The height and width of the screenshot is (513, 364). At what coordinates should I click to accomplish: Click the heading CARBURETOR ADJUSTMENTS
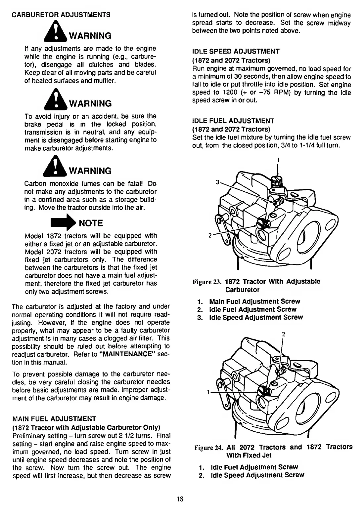61,15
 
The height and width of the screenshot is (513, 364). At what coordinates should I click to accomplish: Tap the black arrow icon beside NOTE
62,222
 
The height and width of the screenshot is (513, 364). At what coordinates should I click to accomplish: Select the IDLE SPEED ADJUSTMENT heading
236,51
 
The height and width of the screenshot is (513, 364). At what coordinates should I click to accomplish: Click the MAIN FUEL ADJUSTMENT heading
54,419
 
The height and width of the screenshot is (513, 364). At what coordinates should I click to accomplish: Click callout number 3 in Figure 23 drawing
217,182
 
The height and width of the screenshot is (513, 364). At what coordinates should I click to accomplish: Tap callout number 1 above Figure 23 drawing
278,160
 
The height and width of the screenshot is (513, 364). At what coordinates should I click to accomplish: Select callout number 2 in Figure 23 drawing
209,235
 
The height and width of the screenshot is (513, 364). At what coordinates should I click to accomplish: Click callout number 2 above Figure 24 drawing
283,334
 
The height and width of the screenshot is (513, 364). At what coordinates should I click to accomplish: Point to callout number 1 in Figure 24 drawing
208,392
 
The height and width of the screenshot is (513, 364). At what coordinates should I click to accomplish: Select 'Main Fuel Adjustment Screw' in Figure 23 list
254,301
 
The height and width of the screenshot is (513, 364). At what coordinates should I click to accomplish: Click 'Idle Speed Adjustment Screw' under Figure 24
257,475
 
